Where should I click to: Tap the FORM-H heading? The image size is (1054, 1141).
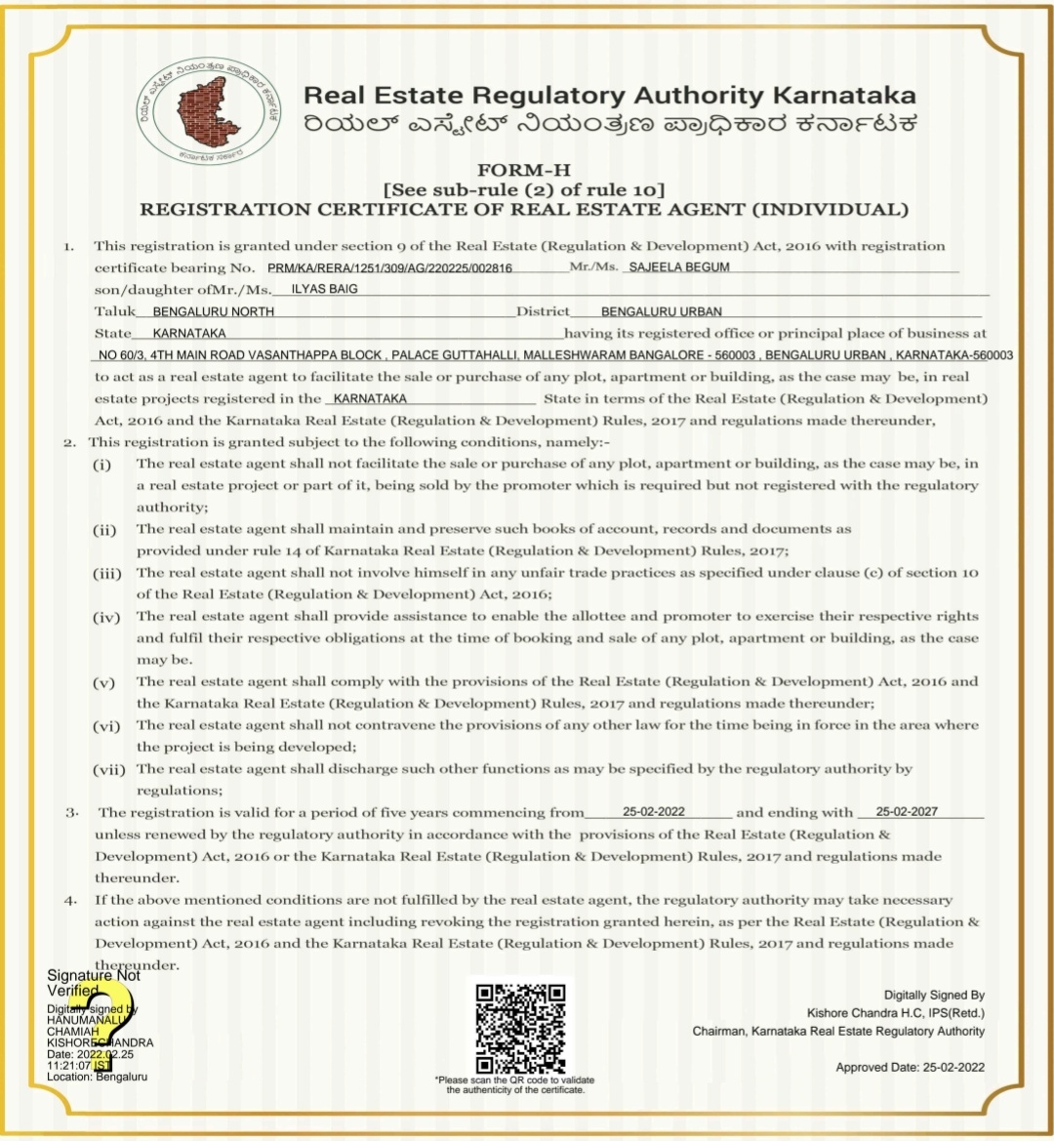(x=523, y=171)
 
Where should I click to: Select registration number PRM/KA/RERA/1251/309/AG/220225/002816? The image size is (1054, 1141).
(x=389, y=267)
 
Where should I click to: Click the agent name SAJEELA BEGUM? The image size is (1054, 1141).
(x=679, y=266)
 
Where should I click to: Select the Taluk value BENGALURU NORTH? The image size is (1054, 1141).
(x=214, y=311)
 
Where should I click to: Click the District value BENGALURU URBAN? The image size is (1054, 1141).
(x=662, y=311)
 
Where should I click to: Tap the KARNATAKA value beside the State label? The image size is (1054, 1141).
(x=189, y=333)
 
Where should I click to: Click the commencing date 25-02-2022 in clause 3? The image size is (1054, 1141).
(x=654, y=812)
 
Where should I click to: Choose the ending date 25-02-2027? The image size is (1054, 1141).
(x=907, y=812)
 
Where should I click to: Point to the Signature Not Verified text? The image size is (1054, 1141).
(x=94, y=983)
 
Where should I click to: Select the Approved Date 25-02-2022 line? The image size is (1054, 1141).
(x=910, y=1067)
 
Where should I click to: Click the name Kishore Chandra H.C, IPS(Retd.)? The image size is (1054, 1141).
(x=895, y=1013)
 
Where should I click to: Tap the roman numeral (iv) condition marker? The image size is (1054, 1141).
(x=105, y=617)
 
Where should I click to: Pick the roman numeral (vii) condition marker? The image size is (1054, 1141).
(x=109, y=769)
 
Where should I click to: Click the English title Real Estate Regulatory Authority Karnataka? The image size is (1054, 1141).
(x=609, y=96)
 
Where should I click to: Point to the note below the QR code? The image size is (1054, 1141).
(x=514, y=1084)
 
